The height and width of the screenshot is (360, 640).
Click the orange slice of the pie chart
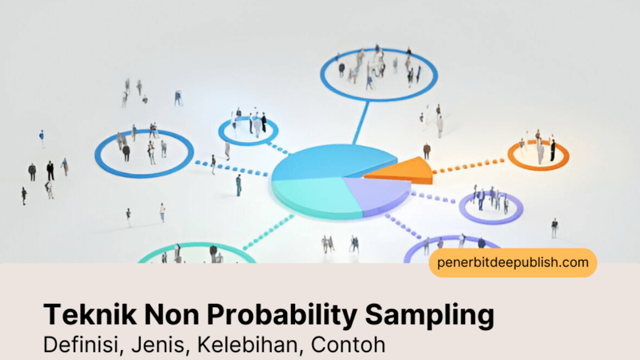[405, 171]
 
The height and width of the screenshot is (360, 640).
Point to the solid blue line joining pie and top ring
[360, 123]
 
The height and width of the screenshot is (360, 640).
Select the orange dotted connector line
[468, 166]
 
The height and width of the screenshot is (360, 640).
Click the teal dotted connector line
[268, 232]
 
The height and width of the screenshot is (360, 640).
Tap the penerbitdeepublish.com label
[513, 262]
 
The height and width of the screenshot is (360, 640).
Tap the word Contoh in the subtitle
[348, 345]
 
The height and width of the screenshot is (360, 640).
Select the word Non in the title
[171, 314]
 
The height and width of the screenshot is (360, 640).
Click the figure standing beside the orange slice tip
[427, 151]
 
